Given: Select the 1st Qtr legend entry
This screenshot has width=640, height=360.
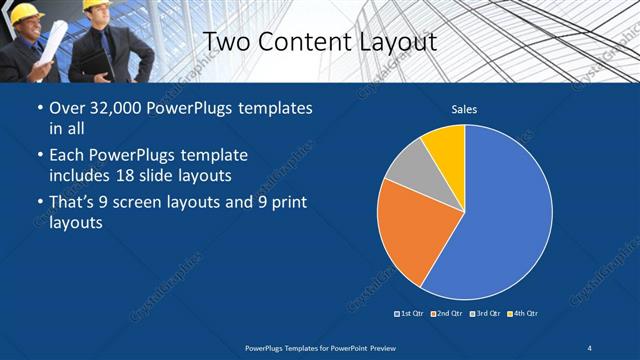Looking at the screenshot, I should [x=411, y=313].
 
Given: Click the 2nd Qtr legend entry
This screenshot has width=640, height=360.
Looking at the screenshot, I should [x=448, y=313].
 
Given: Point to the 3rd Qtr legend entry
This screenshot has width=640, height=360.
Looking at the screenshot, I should [x=485, y=313].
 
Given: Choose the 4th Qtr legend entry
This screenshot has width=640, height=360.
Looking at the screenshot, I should [x=522, y=313].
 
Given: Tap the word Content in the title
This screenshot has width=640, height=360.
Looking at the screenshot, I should [x=300, y=42].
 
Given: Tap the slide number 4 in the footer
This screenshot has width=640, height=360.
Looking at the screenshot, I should [x=590, y=347].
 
